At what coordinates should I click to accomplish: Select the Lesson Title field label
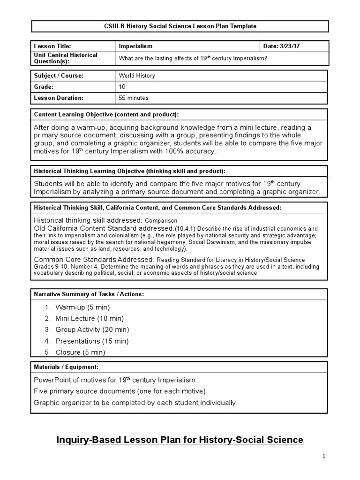(x=52, y=46)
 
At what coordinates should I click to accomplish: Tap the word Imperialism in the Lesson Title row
(x=136, y=46)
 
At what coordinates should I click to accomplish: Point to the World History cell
(x=137, y=75)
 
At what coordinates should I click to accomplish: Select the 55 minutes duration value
(x=134, y=98)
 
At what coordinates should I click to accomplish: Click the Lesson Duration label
(x=59, y=98)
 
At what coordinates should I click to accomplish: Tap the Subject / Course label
(x=59, y=75)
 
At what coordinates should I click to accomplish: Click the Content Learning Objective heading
(x=106, y=115)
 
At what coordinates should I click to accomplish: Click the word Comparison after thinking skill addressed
(x=161, y=220)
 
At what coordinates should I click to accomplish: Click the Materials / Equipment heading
(x=66, y=367)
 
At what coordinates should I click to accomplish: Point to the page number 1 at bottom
(x=323, y=456)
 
